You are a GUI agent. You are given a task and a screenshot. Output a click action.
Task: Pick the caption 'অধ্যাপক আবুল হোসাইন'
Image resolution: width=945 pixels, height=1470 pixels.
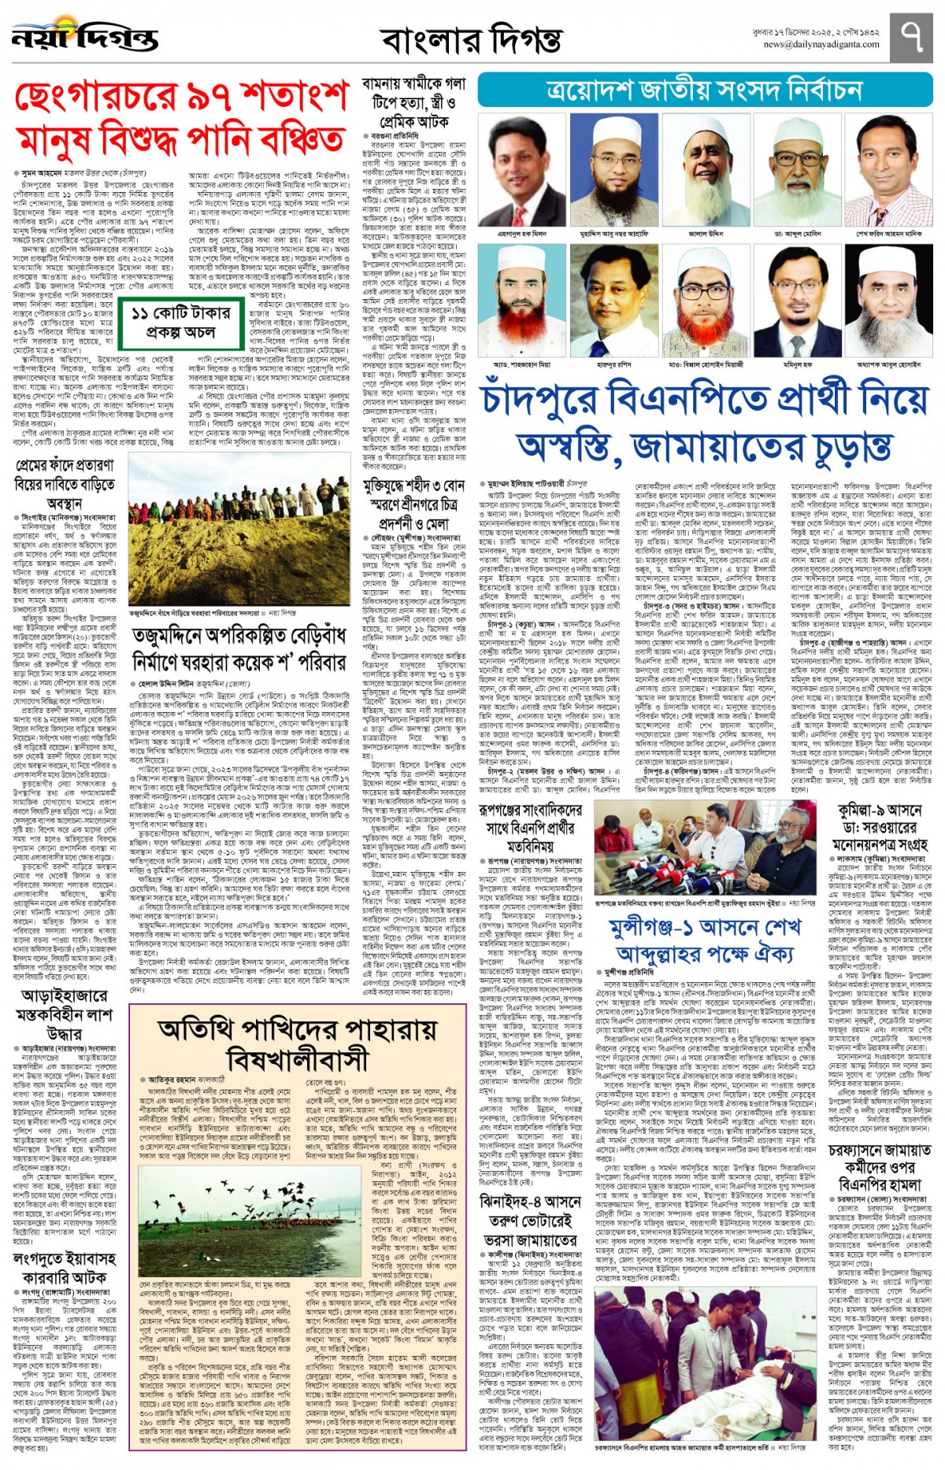pos(888,365)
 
